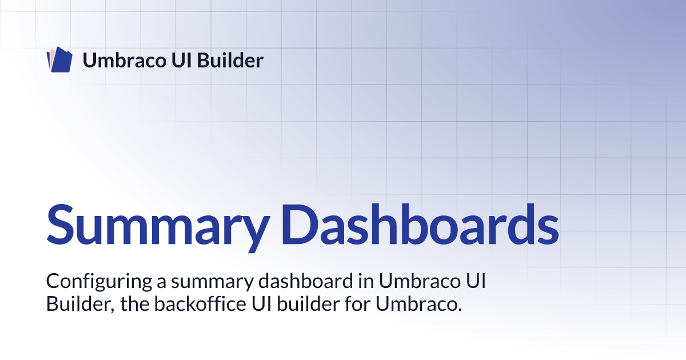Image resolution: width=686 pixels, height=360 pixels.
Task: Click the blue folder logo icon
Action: [59, 59]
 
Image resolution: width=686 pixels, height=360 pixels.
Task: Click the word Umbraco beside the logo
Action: [125, 60]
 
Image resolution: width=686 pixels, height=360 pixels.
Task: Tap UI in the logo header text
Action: [182, 60]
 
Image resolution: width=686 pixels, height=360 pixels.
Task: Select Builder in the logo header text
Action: [230, 60]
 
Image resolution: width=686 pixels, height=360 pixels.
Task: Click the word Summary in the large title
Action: [158, 226]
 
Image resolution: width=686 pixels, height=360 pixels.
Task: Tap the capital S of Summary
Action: [61, 225]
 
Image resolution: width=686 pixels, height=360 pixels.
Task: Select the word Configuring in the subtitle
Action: [99, 282]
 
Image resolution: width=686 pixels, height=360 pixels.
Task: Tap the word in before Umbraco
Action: [366, 281]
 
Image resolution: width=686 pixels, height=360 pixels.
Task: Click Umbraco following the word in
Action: [420, 281]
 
